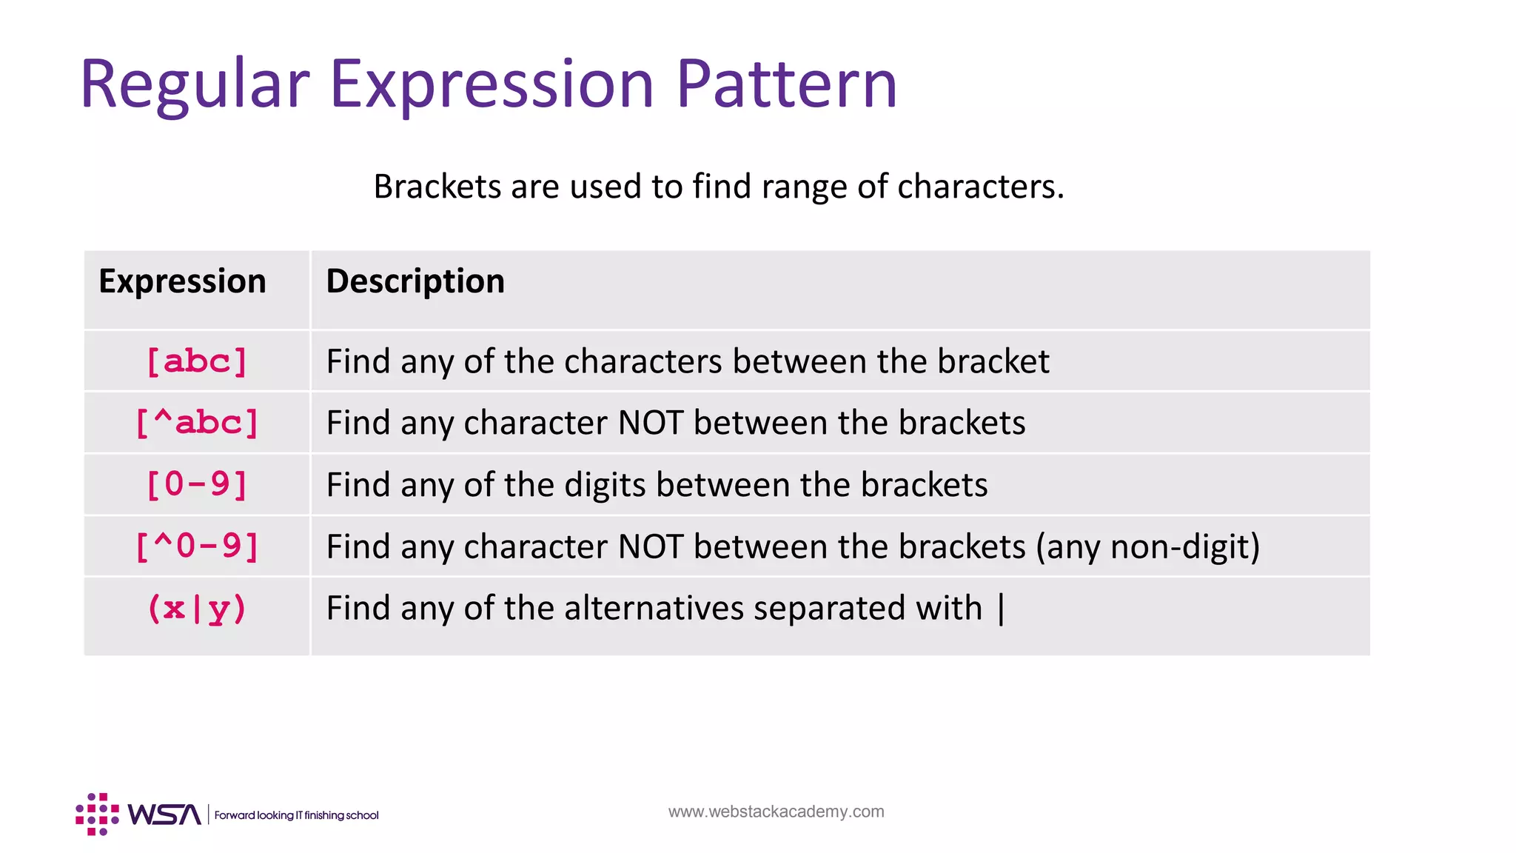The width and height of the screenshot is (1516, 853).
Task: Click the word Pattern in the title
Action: coord(786,84)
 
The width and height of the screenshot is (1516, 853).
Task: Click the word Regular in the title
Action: coord(194,84)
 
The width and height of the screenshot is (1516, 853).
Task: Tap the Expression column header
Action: coord(182,281)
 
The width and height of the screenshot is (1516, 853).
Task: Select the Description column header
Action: coord(415,281)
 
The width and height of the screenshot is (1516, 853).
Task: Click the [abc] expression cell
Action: coord(197,362)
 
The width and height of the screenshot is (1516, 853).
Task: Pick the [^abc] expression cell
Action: coord(197,424)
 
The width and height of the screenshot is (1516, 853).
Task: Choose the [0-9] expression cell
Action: coord(197,485)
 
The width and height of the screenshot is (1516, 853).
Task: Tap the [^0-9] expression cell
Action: coord(197,546)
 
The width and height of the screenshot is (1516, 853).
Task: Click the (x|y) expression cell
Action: coord(197,609)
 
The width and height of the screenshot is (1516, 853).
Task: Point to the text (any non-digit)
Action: coord(1147,547)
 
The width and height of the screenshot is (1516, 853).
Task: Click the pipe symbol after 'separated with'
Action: coord(1002,609)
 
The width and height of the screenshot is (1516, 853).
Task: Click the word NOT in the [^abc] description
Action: coord(651,424)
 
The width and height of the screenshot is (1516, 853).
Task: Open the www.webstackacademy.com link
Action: coord(776,812)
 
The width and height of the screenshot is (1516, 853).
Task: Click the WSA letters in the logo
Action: coord(164,814)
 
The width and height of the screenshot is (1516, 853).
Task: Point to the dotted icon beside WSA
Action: coord(97,814)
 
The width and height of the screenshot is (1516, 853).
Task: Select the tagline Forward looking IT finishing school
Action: coord(296,815)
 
